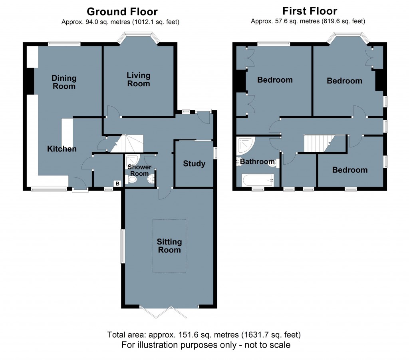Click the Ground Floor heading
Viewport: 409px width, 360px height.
[122, 12]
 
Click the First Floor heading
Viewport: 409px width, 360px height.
[310, 11]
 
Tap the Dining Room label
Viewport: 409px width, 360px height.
[64, 82]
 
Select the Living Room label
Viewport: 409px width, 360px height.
[139, 79]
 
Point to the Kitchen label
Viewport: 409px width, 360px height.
[62, 149]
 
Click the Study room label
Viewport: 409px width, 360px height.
[194, 163]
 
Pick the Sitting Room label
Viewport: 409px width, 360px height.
[169, 246]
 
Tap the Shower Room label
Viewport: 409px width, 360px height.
[139, 170]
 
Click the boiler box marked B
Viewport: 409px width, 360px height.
[117, 184]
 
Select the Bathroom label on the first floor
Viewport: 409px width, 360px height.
[257, 161]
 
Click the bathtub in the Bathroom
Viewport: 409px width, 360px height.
[258, 180]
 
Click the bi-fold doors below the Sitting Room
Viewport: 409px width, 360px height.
[163, 312]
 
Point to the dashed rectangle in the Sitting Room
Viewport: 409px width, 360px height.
[169, 246]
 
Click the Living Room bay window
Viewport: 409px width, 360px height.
[138, 37]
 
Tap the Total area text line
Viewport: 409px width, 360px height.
[204, 335]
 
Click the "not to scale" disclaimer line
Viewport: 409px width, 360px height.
[206, 345]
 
